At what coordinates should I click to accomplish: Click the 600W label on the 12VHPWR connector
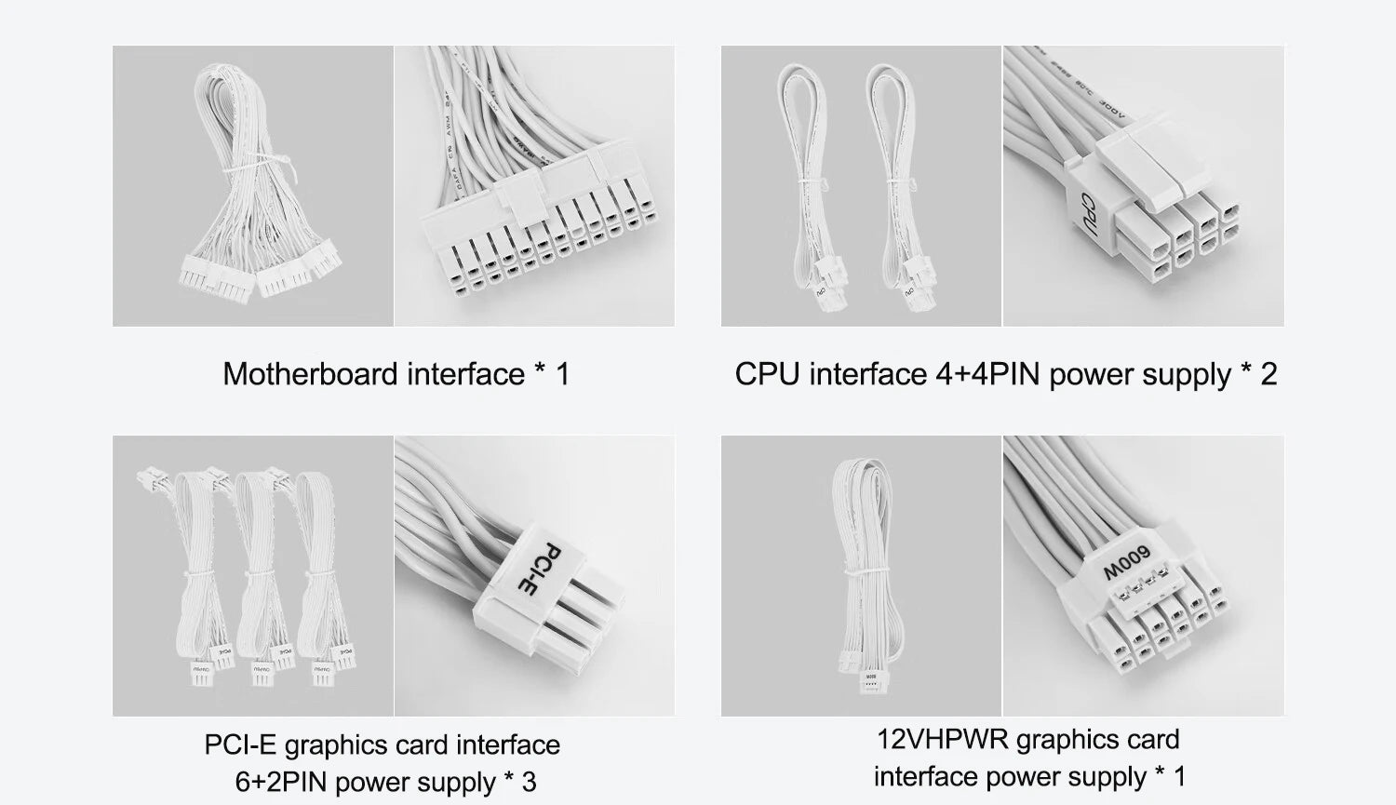coord(1127,561)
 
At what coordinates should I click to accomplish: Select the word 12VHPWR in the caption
coord(943,740)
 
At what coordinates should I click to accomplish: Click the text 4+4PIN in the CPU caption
coord(987,374)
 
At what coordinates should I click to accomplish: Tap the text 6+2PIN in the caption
coord(280,782)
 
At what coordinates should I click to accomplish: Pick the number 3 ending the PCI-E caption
coord(529,782)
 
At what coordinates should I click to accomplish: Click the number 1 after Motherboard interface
coord(562,374)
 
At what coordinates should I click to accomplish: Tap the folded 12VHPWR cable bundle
coord(864,568)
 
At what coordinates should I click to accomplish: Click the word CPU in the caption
coord(768,374)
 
